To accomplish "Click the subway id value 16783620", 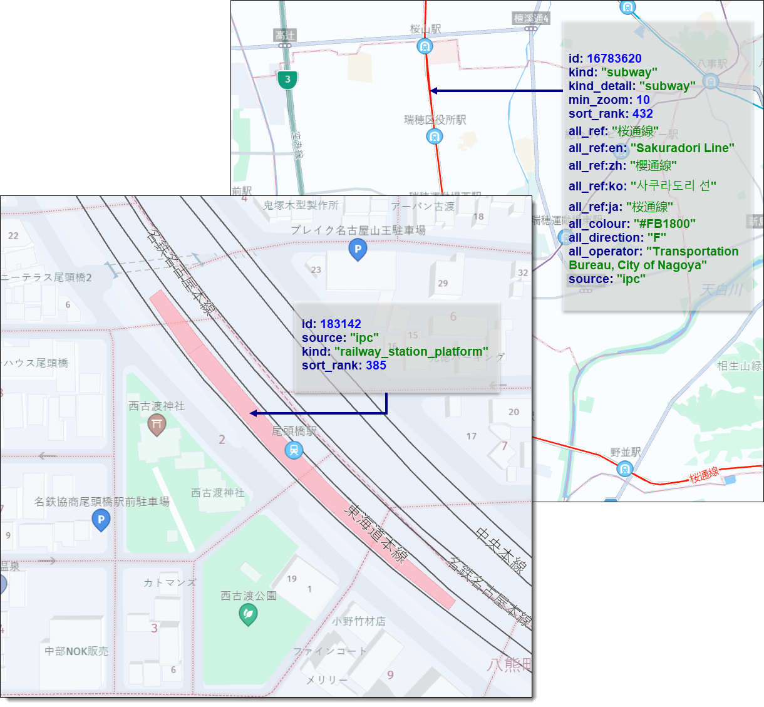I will [x=614, y=58].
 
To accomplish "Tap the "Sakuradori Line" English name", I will [x=682, y=148].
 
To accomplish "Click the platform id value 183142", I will [x=340, y=324].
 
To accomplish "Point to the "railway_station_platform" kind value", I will [x=411, y=351].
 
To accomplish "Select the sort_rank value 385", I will [x=376, y=365].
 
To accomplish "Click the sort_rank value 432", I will [x=643, y=113].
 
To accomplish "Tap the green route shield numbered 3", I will [x=287, y=80].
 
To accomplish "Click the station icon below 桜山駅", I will [x=425, y=46].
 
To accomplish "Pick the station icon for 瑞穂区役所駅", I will [x=435, y=136].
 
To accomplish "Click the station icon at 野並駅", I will [x=624, y=468].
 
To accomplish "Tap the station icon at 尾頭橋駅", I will [x=294, y=450].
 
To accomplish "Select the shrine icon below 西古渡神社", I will [x=157, y=425].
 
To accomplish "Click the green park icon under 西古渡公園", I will [x=249, y=615].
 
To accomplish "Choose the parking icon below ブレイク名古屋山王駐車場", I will [x=358, y=249].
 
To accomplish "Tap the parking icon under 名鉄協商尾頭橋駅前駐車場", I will [x=101, y=520].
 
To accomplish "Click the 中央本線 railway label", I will [x=500, y=550].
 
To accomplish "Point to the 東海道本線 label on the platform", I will [x=376, y=534].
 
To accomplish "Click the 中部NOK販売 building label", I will [x=76, y=651].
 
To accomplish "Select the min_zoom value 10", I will [x=643, y=100].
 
